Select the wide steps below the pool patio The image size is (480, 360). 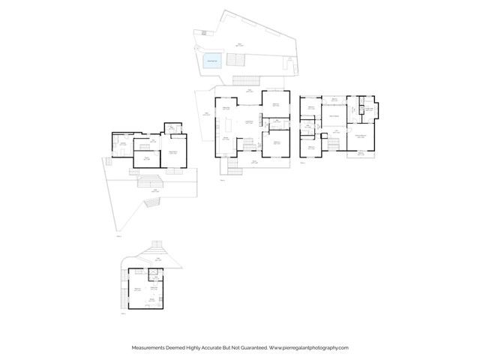pyautogui.click(x=244, y=79)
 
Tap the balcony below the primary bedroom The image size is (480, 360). pyautogui.click(x=362, y=153)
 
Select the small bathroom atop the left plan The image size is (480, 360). pyautogui.click(x=171, y=128)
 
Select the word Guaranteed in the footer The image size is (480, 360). pyautogui.click(x=249, y=347)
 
